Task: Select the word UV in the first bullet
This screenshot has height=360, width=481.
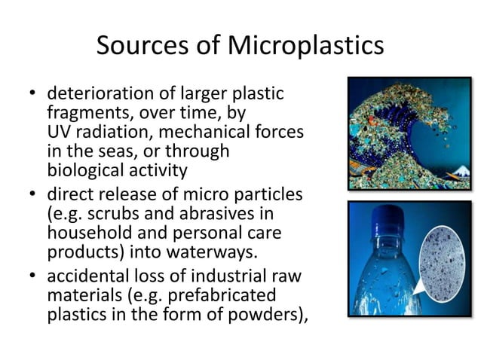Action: pyautogui.click(x=58, y=132)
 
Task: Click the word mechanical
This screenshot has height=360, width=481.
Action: pyautogui.click(x=197, y=132)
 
